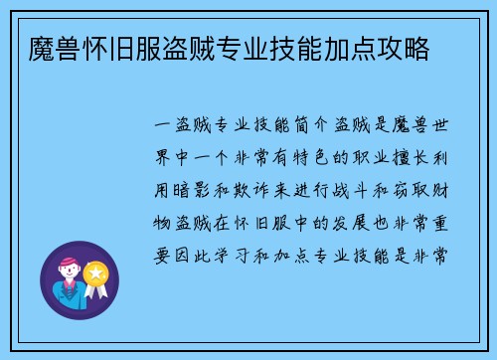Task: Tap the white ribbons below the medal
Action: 97,291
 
